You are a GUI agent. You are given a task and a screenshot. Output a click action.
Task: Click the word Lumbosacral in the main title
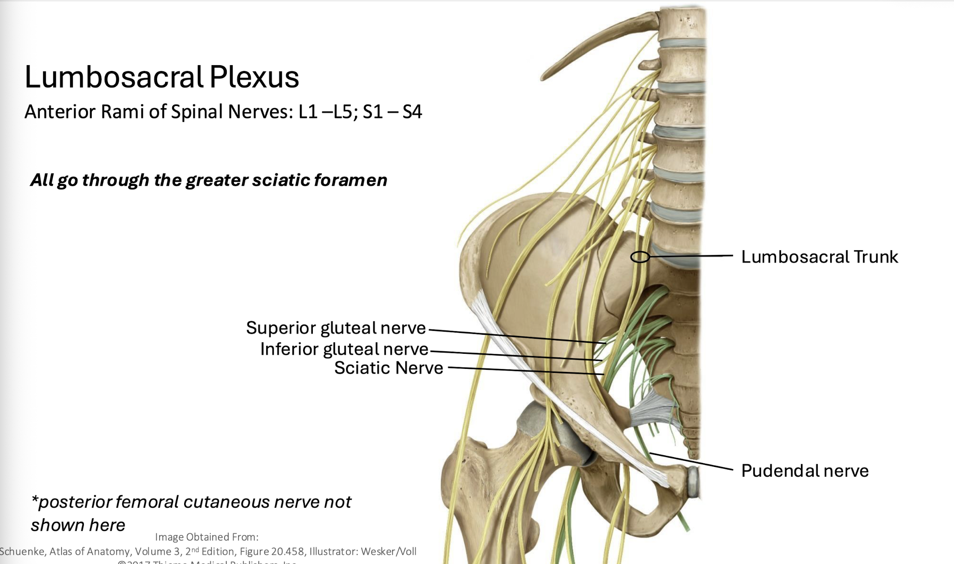tap(114, 77)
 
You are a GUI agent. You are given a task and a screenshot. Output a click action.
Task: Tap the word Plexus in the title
tap(254, 77)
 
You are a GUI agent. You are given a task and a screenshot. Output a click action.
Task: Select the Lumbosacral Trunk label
tap(819, 257)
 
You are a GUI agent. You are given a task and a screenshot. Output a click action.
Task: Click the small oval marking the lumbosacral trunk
tap(640, 257)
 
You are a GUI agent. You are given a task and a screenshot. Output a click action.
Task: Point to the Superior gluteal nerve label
tap(335, 328)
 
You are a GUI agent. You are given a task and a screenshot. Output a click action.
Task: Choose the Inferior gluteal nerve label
tap(344, 349)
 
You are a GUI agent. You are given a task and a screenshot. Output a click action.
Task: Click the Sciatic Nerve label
tap(388, 368)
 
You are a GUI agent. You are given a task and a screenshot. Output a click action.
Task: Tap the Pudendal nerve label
tap(804, 471)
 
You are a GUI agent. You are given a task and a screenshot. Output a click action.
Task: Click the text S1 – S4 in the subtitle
tap(392, 112)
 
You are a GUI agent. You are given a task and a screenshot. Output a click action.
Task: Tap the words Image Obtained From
tap(206, 537)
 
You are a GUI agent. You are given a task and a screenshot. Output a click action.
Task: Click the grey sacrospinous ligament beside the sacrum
tap(652, 410)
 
